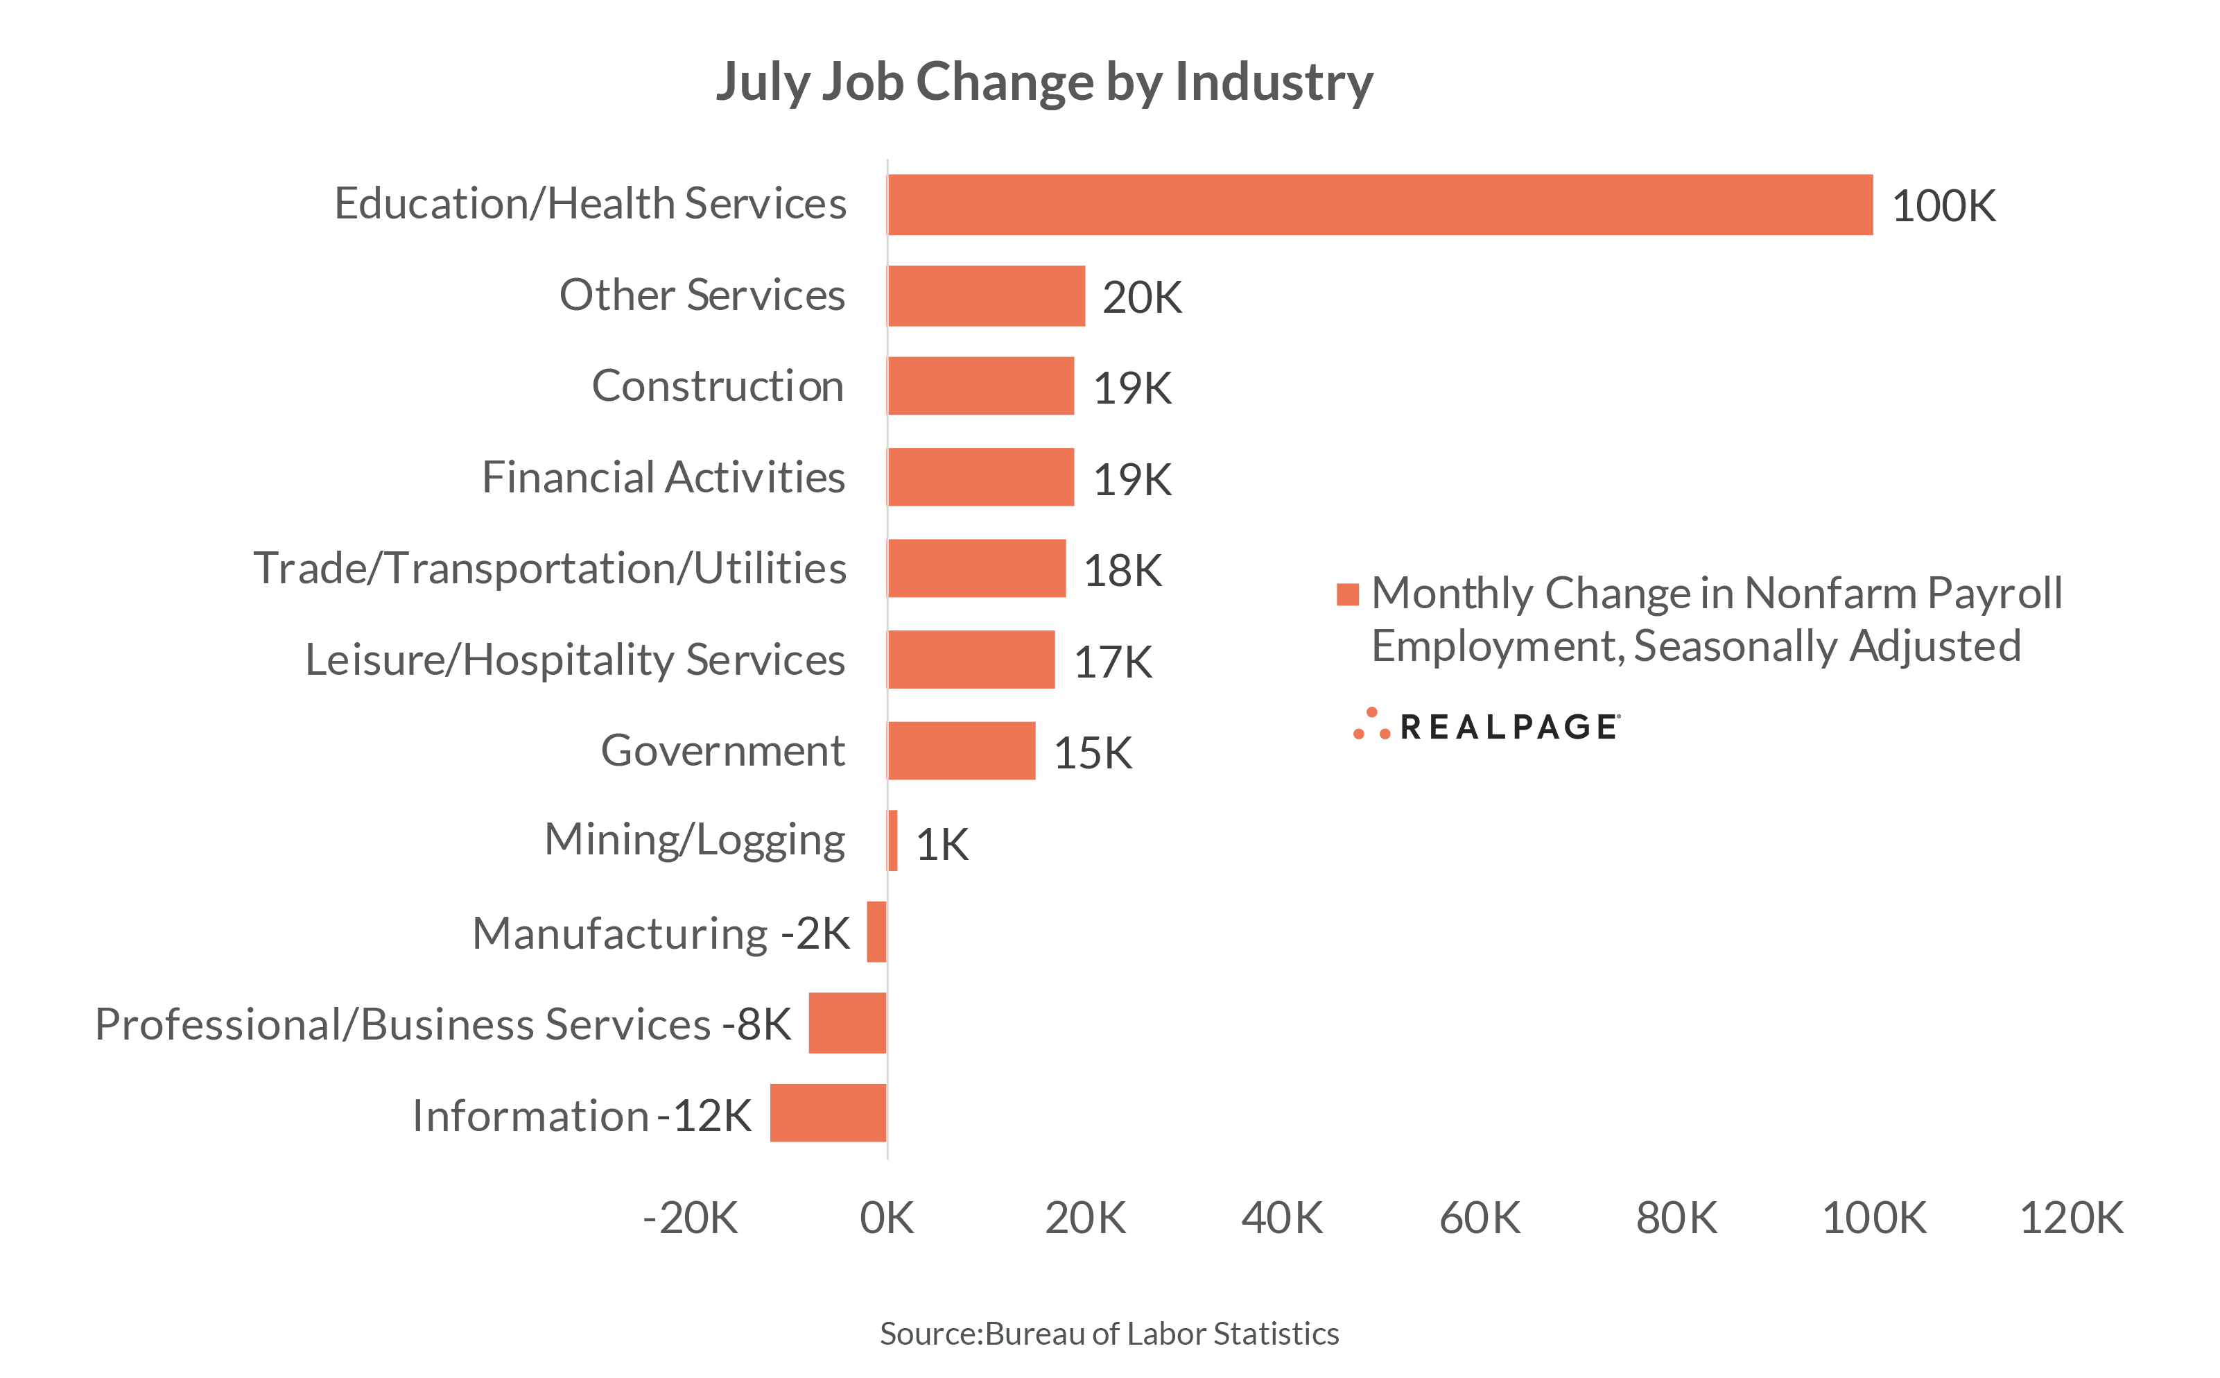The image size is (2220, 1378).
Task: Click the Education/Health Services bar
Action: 1379,205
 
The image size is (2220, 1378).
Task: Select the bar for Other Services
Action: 986,296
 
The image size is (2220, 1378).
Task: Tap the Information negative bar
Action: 827,1113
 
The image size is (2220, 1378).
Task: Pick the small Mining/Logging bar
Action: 893,841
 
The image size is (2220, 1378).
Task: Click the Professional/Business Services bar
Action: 847,1022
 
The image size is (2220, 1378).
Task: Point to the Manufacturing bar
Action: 876,931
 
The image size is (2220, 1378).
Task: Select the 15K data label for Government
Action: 1092,752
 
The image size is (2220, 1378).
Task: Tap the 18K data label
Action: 1122,571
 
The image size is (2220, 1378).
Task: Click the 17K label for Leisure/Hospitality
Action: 1112,662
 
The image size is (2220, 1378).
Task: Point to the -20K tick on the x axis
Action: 690,1218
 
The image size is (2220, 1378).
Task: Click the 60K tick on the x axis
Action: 1480,1218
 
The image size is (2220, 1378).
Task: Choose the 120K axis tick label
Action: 2071,1218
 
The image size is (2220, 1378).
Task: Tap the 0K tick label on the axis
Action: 886,1218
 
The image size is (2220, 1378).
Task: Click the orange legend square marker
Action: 1347,594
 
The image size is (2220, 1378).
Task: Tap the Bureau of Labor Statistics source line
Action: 1109,1334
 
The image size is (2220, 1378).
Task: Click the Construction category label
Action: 718,386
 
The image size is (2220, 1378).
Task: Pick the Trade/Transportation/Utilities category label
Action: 549,568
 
